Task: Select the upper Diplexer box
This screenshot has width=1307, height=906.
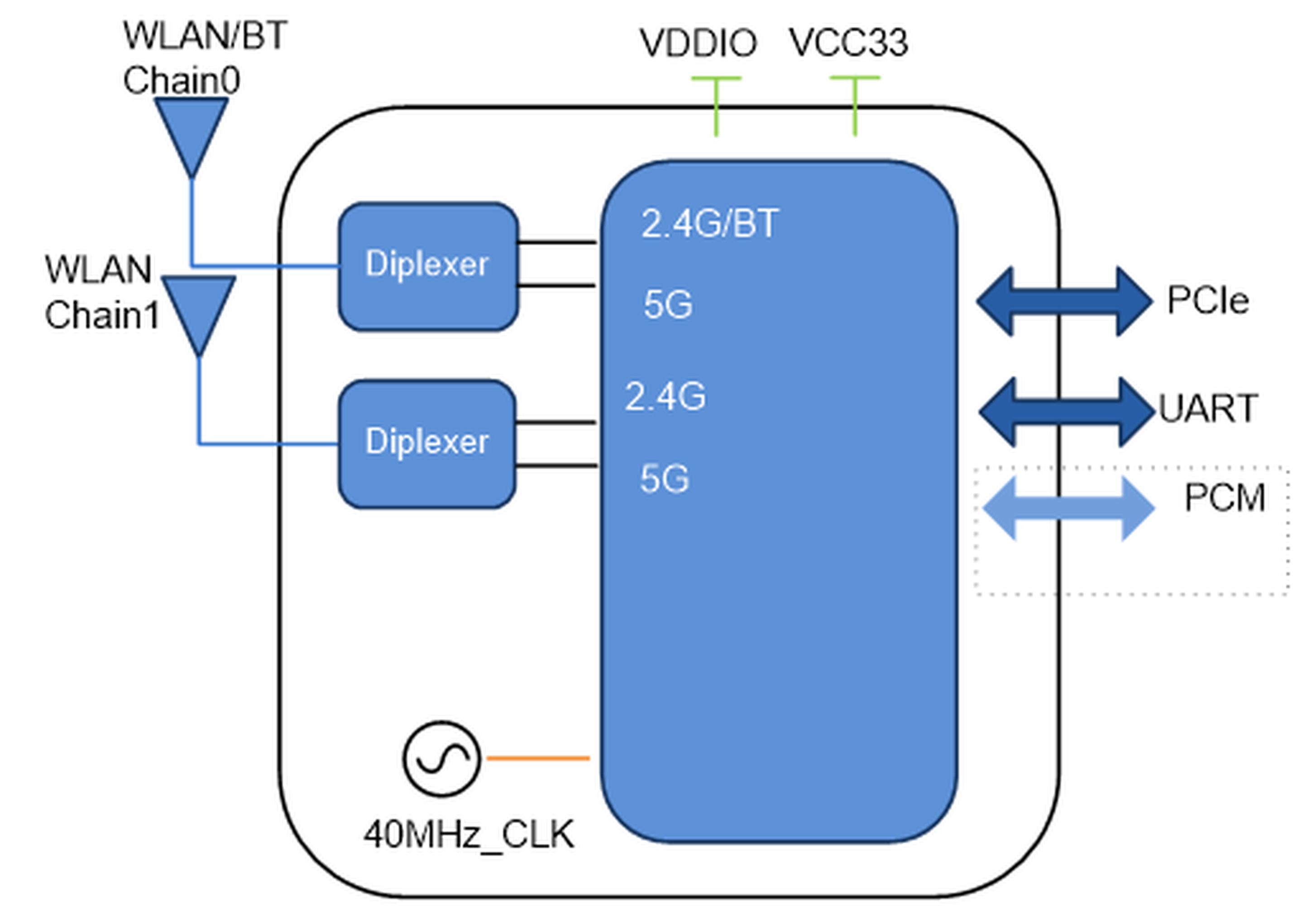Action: (428, 265)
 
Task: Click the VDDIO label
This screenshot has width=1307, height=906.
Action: (698, 43)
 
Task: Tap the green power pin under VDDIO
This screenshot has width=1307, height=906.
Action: (716, 106)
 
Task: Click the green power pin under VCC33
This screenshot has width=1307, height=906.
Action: (855, 106)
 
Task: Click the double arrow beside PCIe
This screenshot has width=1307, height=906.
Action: (1065, 301)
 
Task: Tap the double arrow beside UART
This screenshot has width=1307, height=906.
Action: (1067, 412)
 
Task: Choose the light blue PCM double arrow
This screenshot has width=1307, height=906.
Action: (1068, 508)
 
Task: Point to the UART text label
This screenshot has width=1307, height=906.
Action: (1208, 408)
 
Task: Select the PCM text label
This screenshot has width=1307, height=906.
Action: (1224, 498)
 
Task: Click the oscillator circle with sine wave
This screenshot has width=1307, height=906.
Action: (441, 758)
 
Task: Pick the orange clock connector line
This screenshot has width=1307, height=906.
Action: (538, 758)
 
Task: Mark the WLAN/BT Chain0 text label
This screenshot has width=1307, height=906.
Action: (205, 58)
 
